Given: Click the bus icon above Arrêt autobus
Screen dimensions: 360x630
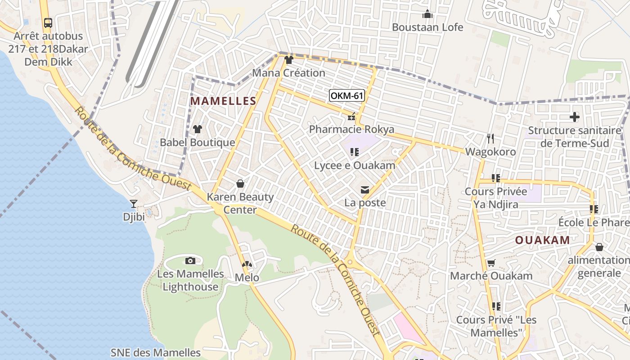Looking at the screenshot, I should coord(48,22).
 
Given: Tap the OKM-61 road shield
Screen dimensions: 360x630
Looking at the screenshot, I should coord(346,95).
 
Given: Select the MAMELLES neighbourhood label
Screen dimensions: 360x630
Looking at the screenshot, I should coord(223,101).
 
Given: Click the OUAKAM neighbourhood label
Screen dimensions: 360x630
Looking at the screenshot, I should coord(542,240).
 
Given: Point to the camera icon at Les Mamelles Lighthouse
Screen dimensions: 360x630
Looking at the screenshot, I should coord(190,261).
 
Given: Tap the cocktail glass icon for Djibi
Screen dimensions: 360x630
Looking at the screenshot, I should coord(133,204).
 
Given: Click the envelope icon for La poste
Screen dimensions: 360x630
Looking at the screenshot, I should coord(365,190).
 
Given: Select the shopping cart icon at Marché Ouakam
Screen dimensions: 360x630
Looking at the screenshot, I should coord(491,263).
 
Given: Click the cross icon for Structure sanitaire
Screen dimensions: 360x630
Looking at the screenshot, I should coord(574,117).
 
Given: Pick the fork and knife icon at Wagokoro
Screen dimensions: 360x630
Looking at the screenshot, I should coord(490,138).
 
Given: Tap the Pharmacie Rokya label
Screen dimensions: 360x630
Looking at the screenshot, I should coord(351,130).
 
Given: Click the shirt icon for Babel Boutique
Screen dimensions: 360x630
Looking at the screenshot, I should coord(197,129).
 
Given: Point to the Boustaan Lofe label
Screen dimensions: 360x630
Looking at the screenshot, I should coord(427,27).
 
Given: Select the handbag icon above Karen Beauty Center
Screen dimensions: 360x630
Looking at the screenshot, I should coord(240,184).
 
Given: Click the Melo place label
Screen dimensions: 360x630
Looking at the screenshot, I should coord(247,278).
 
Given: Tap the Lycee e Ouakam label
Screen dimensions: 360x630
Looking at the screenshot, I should coord(355,165).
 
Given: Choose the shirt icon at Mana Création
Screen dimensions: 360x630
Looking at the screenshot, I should coord(288,60).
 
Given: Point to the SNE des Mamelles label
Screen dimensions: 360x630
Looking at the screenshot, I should coord(156,352).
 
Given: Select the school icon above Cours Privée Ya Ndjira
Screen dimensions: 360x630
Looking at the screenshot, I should coord(496,178).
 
